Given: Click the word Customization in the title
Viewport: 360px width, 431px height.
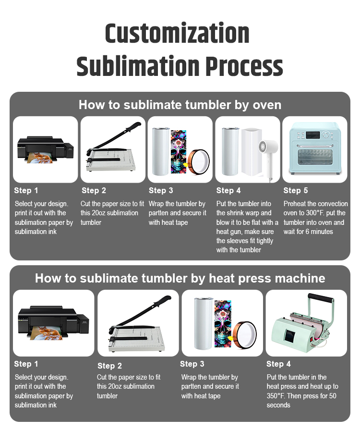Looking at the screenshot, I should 177,34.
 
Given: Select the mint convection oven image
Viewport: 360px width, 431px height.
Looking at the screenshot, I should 314,148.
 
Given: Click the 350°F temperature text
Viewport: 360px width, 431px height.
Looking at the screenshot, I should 276,395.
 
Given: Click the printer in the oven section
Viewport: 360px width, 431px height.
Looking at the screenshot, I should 45,148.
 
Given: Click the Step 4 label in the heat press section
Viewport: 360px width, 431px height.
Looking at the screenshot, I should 278,364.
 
